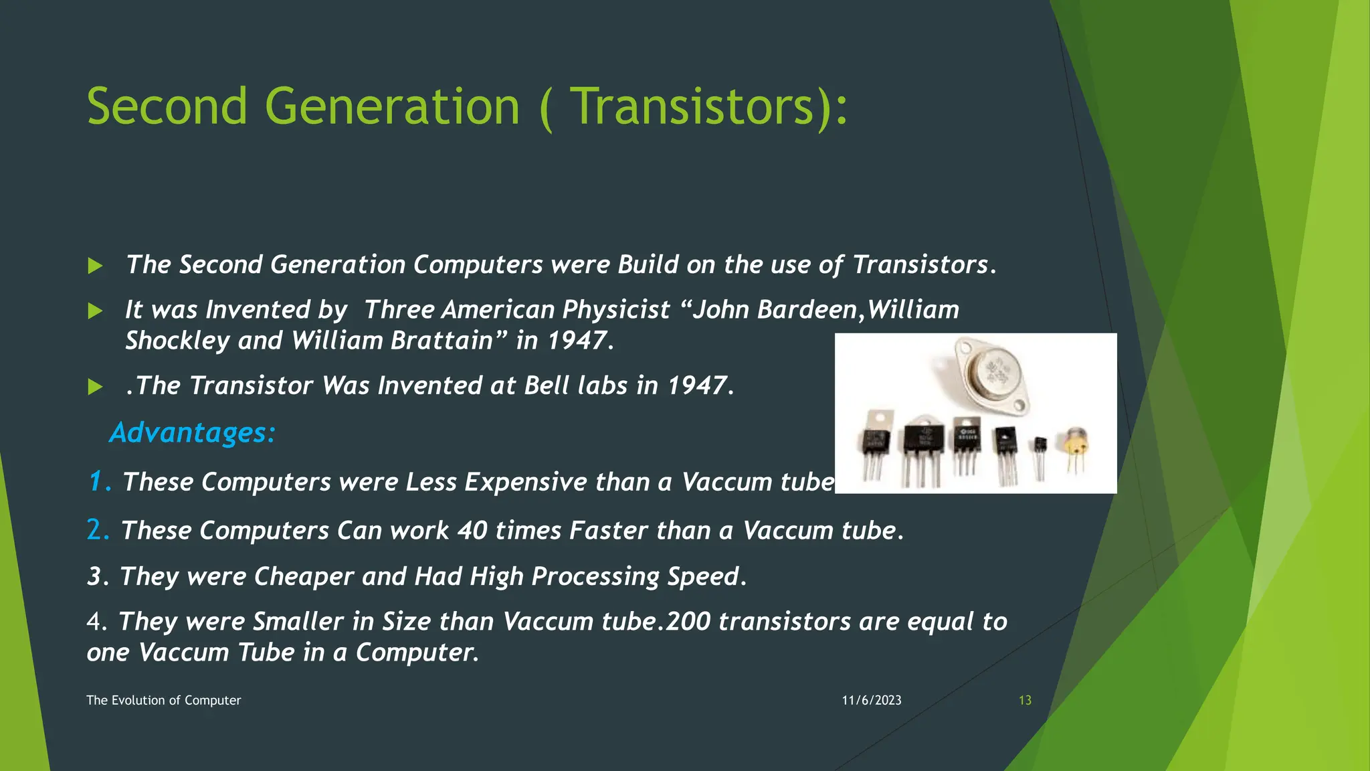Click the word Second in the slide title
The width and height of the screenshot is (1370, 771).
point(167,107)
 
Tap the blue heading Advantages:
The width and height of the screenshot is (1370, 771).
point(193,432)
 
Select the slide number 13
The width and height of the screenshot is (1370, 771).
point(1025,700)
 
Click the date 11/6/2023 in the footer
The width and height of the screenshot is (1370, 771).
point(872,700)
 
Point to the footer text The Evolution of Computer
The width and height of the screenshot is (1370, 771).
point(163,700)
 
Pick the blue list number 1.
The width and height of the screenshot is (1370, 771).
point(98,481)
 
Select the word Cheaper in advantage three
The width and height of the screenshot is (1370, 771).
point(303,576)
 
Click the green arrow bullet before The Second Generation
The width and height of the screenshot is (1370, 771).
point(95,266)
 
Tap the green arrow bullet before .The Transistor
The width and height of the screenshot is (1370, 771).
point(95,387)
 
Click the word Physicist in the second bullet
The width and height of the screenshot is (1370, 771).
point(615,310)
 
